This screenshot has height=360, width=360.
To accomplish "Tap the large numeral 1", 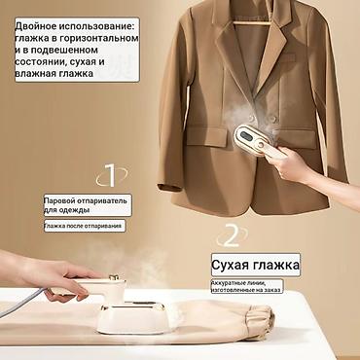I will [110, 175].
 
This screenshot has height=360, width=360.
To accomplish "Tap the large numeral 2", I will [231, 234].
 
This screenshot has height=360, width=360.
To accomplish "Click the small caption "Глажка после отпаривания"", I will [84, 226].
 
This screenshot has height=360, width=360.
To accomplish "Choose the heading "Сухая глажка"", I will [256, 265].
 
